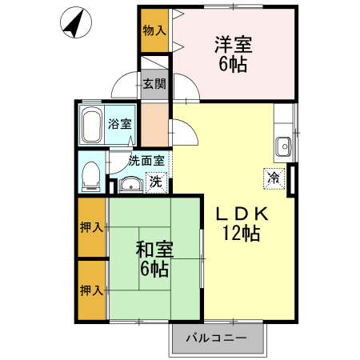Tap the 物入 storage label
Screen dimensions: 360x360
(x=154, y=31)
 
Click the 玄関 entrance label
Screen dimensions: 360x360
(x=154, y=82)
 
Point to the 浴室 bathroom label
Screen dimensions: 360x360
(x=121, y=124)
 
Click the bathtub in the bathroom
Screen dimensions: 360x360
(x=91, y=125)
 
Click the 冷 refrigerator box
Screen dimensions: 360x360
(x=274, y=177)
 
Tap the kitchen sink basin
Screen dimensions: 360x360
(x=283, y=146)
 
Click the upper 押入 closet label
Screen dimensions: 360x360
(x=91, y=227)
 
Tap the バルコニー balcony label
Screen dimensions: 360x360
(x=217, y=338)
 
